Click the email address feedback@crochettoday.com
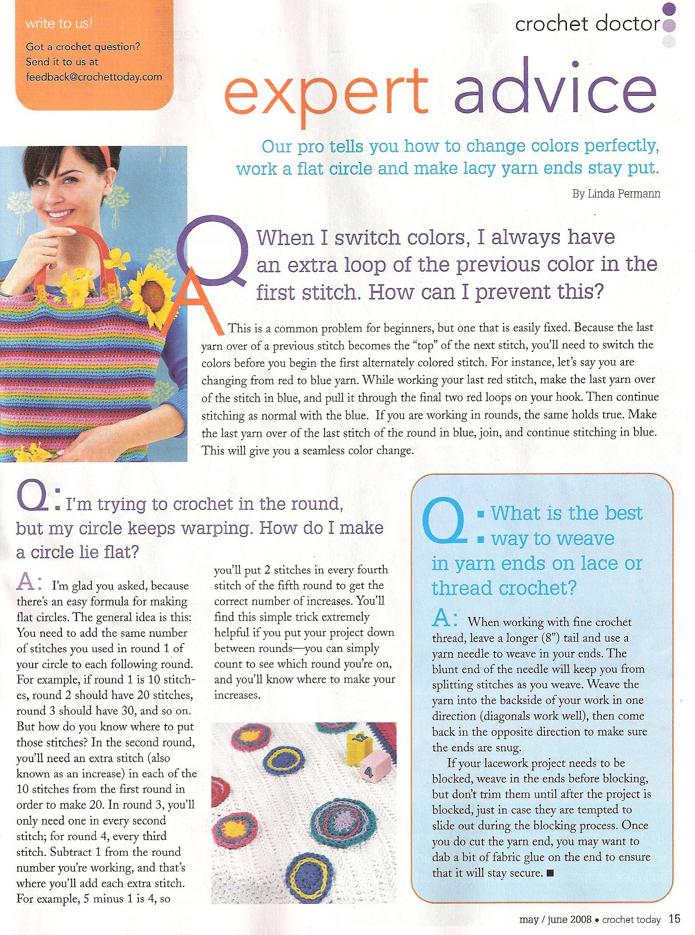tap(94, 77)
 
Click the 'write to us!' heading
tap(59, 24)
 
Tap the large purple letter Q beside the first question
tap(213, 253)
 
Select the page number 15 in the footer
tap(674, 919)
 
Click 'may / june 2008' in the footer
tap(555, 920)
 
